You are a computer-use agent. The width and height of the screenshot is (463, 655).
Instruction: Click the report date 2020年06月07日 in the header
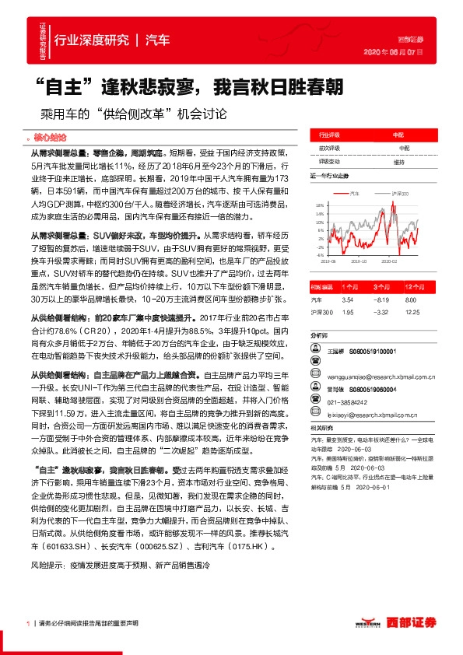(x=394, y=52)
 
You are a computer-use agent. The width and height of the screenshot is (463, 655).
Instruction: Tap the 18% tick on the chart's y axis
(x=319, y=205)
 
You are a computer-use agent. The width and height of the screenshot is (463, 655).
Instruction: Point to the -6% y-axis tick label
(x=319, y=254)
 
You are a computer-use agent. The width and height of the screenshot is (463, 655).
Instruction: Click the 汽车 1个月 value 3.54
(x=349, y=299)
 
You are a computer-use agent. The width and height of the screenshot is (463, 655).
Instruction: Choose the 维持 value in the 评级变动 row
(x=398, y=162)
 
